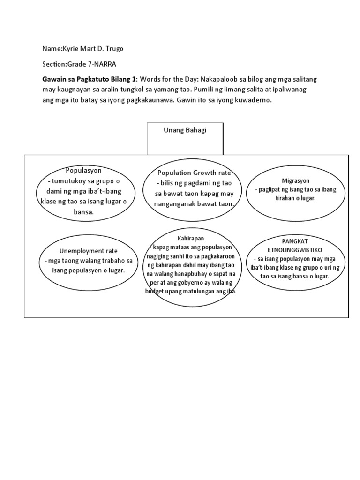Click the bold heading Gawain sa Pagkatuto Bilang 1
click(x=89, y=80)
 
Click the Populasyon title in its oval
click(x=84, y=170)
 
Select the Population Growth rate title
click(x=194, y=173)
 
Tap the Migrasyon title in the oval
click(x=296, y=180)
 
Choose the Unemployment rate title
click(x=88, y=251)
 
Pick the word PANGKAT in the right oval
click(x=295, y=240)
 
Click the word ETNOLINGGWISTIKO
click(x=295, y=249)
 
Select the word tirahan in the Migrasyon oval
click(x=286, y=198)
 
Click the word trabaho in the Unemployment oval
click(x=112, y=261)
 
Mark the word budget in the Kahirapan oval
click(x=157, y=291)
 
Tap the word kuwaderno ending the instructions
click(x=255, y=100)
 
